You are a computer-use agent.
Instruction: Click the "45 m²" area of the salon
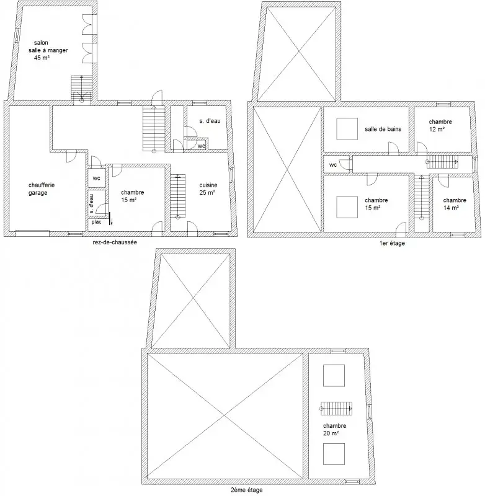click(x=42, y=58)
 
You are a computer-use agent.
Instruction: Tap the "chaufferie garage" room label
click(x=42, y=189)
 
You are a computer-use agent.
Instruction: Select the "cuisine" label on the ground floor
click(x=208, y=185)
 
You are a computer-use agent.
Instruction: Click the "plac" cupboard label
click(x=97, y=222)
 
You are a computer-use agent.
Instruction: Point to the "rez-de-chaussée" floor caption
click(x=115, y=242)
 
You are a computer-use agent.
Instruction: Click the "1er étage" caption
click(x=392, y=243)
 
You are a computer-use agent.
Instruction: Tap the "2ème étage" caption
click(x=247, y=490)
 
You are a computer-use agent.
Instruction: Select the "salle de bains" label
click(x=383, y=129)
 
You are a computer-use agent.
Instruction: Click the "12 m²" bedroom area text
click(x=437, y=129)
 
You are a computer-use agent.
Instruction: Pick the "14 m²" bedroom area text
click(x=451, y=208)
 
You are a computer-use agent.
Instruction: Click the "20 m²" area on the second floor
click(x=331, y=433)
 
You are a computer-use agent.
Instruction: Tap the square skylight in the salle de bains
click(x=347, y=129)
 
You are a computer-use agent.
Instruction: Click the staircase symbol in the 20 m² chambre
click(x=336, y=409)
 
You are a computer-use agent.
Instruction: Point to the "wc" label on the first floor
click(x=333, y=165)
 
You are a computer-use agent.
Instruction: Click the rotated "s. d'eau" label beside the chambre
click(x=91, y=203)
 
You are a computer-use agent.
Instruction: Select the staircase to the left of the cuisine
click(x=178, y=196)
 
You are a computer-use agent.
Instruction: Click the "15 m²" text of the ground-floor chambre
click(x=129, y=200)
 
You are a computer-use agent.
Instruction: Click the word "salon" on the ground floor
click(x=41, y=43)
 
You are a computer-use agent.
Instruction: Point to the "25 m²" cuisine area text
click(x=207, y=192)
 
